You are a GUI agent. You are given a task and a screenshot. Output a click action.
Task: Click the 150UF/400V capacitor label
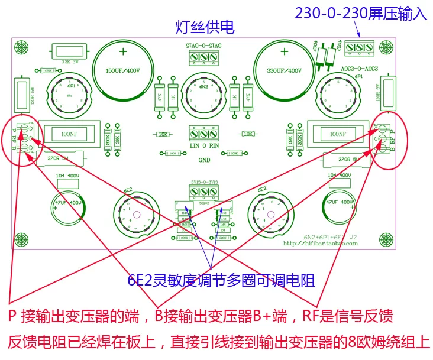pos(122,70)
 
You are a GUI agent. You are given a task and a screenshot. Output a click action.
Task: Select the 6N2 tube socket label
pos(203,87)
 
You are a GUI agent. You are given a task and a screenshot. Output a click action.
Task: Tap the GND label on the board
pos(204,160)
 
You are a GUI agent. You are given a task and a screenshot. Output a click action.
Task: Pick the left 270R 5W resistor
pos(59,158)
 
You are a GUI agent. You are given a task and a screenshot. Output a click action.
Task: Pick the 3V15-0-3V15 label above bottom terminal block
pos(204,182)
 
